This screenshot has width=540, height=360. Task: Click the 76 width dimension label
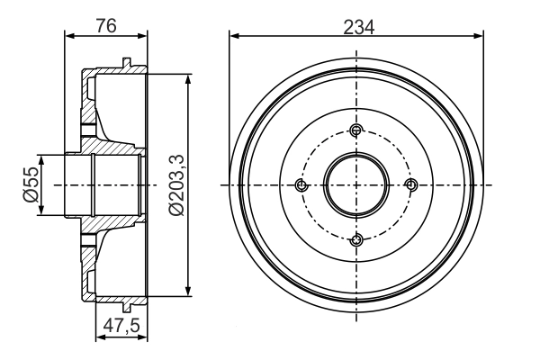[x=107, y=27]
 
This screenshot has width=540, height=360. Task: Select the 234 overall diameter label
[x=358, y=25]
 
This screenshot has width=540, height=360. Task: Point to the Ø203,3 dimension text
[x=175, y=184]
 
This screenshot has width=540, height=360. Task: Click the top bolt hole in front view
[x=357, y=131]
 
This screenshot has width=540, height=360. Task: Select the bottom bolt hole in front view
[x=357, y=238]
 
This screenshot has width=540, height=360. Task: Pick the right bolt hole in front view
[x=411, y=185]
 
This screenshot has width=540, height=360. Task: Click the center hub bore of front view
[x=357, y=185]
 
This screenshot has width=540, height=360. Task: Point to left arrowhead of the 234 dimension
[x=234, y=37]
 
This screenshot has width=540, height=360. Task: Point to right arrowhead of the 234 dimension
[x=481, y=37]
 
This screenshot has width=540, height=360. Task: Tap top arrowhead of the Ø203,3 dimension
[x=188, y=79]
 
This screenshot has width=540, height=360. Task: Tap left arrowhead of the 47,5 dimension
[x=99, y=338]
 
